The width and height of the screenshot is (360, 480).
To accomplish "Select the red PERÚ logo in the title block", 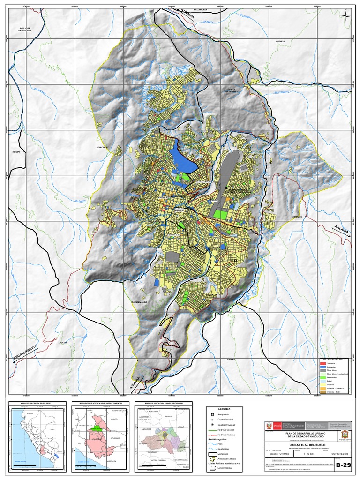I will click(x=274, y=426).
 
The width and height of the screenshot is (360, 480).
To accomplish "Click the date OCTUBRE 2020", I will click(x=341, y=453).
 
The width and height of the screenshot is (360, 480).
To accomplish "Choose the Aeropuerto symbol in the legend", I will click(x=212, y=415).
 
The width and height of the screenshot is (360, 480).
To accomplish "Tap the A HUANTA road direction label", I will click(x=186, y=12).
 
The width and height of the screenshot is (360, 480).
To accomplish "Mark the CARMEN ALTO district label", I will click(x=140, y=301).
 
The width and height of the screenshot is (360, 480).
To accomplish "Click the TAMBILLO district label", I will click(x=296, y=217).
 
